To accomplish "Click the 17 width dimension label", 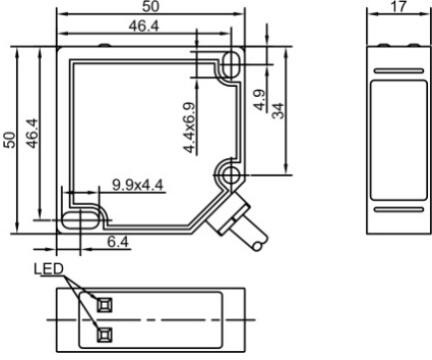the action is click(x=399, y=7).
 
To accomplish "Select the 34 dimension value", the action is click(x=279, y=111).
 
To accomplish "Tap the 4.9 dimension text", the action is click(x=259, y=99).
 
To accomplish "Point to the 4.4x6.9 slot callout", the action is click(x=190, y=128).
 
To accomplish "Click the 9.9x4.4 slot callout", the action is click(x=138, y=185).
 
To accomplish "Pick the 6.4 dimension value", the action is click(x=118, y=242).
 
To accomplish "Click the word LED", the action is click(x=49, y=269).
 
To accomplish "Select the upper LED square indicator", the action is click(x=104, y=305).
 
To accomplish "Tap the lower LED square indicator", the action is click(x=104, y=335).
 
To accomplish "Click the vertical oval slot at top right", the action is click(x=230, y=63).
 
